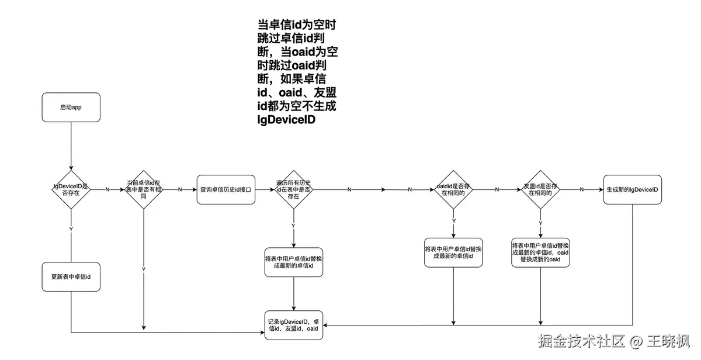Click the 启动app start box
(x=71, y=108)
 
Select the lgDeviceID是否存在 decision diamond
(x=71, y=189)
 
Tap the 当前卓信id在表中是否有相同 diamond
(x=144, y=189)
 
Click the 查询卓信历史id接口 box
(x=226, y=189)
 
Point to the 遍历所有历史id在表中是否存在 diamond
(x=293, y=189)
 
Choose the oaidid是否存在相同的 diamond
(x=454, y=189)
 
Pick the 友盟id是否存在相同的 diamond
(x=540, y=189)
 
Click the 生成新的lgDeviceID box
(x=633, y=189)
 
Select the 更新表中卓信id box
(x=71, y=276)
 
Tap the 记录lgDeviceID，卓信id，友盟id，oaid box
(x=293, y=326)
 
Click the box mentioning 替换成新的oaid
(x=540, y=252)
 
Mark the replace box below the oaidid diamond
(x=454, y=252)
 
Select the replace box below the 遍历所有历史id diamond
(x=293, y=262)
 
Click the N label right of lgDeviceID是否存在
(x=107, y=189)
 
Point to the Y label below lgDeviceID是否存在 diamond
(x=71, y=229)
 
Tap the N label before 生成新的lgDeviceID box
(x=582, y=189)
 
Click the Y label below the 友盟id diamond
(x=540, y=223)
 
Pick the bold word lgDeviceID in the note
(x=286, y=121)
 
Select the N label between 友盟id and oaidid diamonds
(x=497, y=189)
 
